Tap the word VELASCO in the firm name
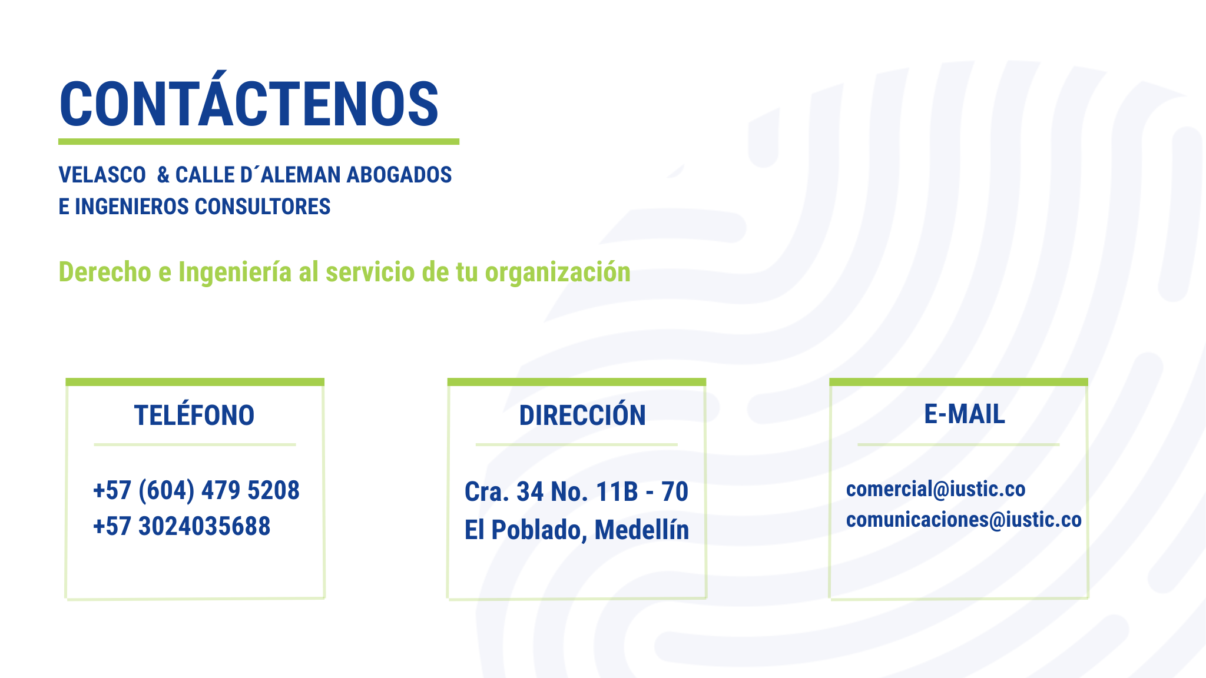point(102,175)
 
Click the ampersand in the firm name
point(163,175)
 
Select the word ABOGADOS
point(399,175)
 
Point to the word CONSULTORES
point(263,207)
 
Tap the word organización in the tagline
point(558,272)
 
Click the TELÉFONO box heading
point(194,415)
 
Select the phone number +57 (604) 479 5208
point(196,491)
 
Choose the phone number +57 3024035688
point(181,526)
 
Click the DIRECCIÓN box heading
point(582,415)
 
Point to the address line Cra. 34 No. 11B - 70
point(577,492)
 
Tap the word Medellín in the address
point(642,530)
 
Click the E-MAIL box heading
point(965,414)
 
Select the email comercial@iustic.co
point(936,489)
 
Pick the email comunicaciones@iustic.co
point(964,520)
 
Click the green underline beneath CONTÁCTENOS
point(259,142)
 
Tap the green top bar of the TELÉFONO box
point(195,382)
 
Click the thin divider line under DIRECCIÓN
point(577,445)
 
